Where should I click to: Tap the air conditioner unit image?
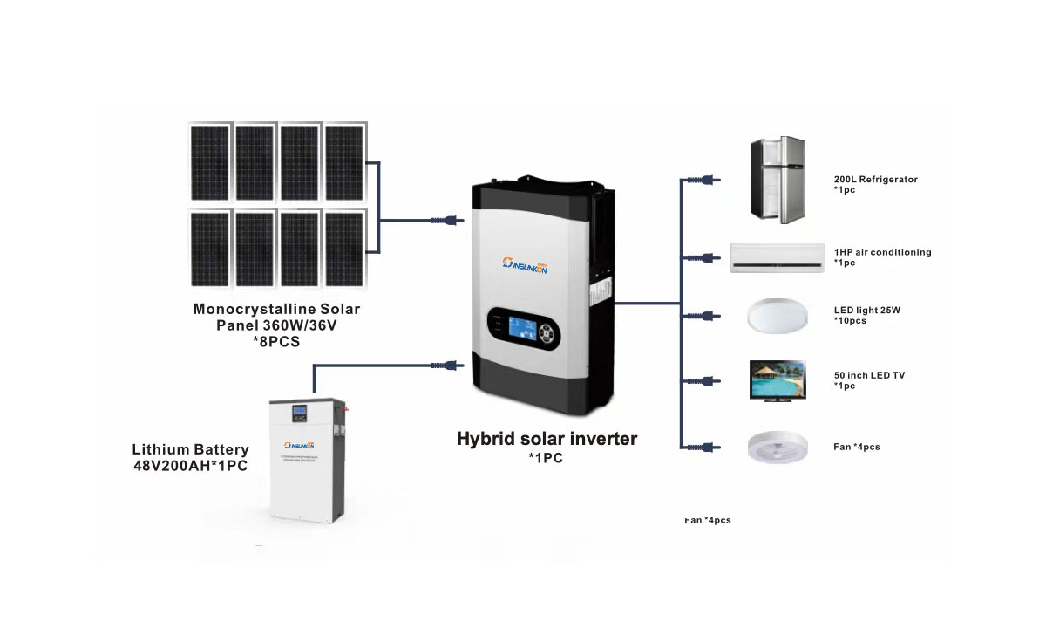[777, 257]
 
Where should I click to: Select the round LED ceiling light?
[776, 315]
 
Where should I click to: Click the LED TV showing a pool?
[778, 380]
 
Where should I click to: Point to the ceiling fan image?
[777, 448]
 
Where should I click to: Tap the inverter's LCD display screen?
[520, 330]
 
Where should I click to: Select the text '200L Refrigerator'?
[875, 180]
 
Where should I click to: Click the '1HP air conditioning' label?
[882, 252]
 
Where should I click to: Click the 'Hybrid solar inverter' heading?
[547, 439]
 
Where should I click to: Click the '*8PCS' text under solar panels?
[275, 341]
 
